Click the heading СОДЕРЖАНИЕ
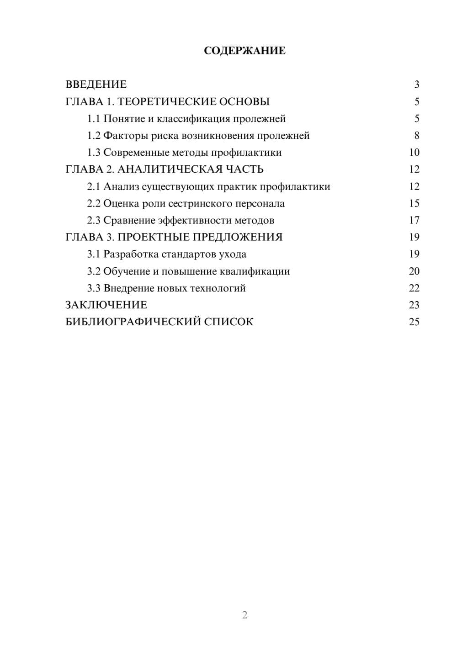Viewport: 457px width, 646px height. (x=244, y=51)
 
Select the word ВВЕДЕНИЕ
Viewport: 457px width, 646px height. (x=96, y=85)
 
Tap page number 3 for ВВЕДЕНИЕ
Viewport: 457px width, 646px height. (x=416, y=85)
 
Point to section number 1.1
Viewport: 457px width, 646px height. (x=94, y=119)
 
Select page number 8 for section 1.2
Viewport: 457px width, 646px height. (x=416, y=136)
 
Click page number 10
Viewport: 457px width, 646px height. (x=414, y=153)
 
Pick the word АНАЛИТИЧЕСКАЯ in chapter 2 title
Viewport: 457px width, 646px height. (x=169, y=169)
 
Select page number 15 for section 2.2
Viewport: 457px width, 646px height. (x=414, y=203)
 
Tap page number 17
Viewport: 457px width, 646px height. (x=414, y=221)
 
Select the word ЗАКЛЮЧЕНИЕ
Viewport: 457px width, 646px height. (x=106, y=305)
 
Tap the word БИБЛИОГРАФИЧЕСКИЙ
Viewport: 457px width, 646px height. (x=133, y=322)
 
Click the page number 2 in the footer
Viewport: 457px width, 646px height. (x=244, y=615)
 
